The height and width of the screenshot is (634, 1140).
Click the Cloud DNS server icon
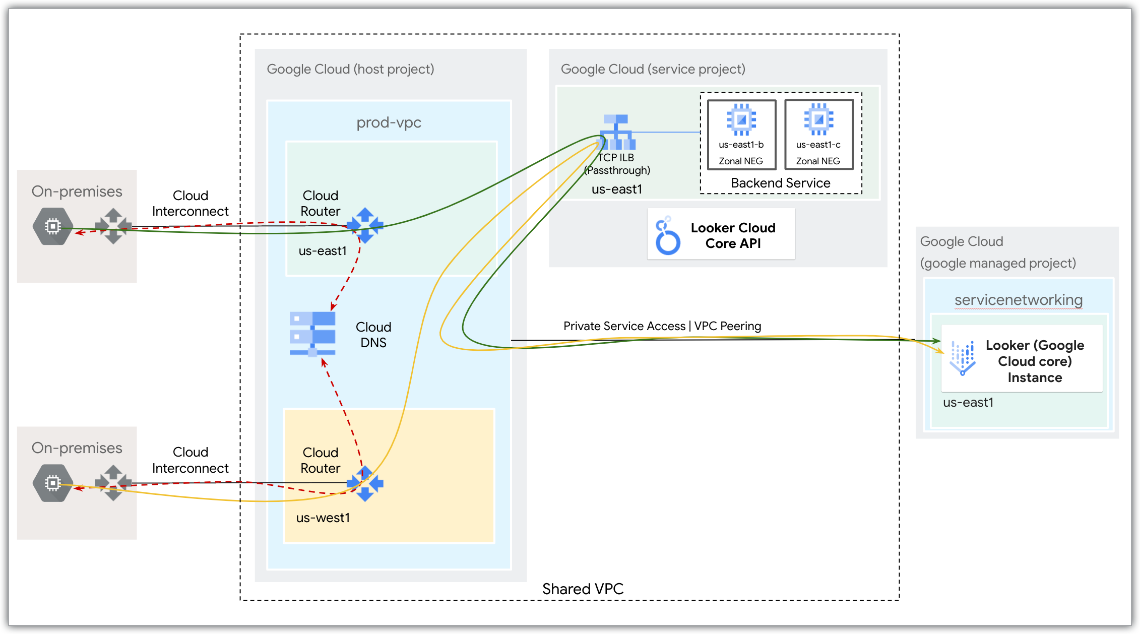pyautogui.click(x=312, y=333)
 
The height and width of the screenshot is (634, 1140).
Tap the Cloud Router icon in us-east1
pyautogui.click(x=365, y=225)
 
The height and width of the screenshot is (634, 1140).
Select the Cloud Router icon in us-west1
pyautogui.click(x=365, y=483)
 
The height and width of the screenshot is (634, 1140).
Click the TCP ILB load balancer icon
pyautogui.click(x=616, y=132)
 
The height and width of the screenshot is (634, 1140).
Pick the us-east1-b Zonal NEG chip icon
pyautogui.click(x=741, y=119)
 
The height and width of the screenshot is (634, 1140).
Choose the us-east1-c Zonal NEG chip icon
pyautogui.click(x=818, y=119)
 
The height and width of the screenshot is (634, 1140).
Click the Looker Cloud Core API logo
pyautogui.click(x=667, y=235)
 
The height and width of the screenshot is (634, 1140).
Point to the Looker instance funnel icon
pyautogui.click(x=963, y=358)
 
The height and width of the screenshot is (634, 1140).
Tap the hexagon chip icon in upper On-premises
pyautogui.click(x=53, y=226)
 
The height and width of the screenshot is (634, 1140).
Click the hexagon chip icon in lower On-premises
pyautogui.click(x=53, y=483)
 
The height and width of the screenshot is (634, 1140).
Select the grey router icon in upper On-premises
pyautogui.click(x=113, y=226)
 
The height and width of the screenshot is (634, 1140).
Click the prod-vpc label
pyautogui.click(x=389, y=122)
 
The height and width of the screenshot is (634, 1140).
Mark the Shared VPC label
pyautogui.click(x=583, y=589)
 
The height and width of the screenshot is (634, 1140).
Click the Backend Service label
pyautogui.click(x=780, y=183)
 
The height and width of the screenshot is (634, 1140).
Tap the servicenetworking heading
pyautogui.click(x=1018, y=300)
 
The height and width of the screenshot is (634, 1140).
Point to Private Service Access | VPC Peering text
pyautogui.click(x=662, y=326)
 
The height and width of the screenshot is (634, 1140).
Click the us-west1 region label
pyautogui.click(x=323, y=518)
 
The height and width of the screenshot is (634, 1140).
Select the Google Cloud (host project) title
pyautogui.click(x=350, y=69)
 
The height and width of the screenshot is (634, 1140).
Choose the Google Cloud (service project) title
pyautogui.click(x=653, y=69)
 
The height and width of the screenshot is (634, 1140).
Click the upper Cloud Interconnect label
pyautogui.click(x=190, y=203)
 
